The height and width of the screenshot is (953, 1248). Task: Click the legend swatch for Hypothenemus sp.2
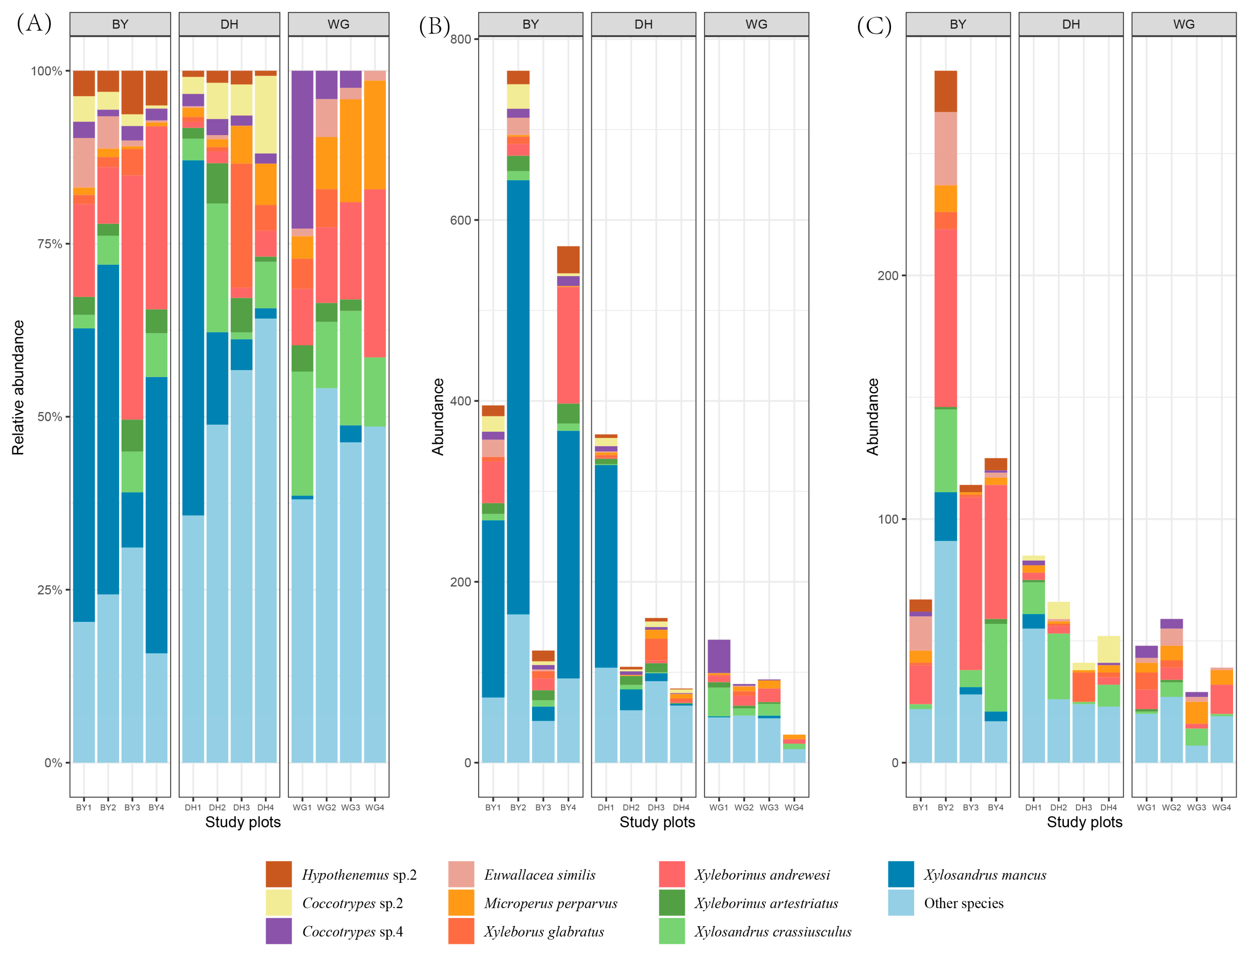(278, 874)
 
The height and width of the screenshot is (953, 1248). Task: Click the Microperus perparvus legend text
(550, 903)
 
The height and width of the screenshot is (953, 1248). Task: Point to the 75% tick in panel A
(49, 244)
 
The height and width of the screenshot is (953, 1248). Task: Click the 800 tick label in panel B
(461, 39)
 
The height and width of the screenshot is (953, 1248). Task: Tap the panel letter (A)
(34, 23)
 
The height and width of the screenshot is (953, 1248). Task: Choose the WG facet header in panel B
(756, 24)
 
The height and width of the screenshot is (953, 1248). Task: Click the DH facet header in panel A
(229, 24)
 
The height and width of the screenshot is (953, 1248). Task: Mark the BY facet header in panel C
(958, 24)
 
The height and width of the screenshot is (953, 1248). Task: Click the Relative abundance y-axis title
(18, 387)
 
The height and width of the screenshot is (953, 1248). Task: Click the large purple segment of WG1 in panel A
(302, 149)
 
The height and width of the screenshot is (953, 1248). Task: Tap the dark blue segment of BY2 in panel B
(518, 397)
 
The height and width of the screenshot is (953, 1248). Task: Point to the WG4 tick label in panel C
(1221, 807)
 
